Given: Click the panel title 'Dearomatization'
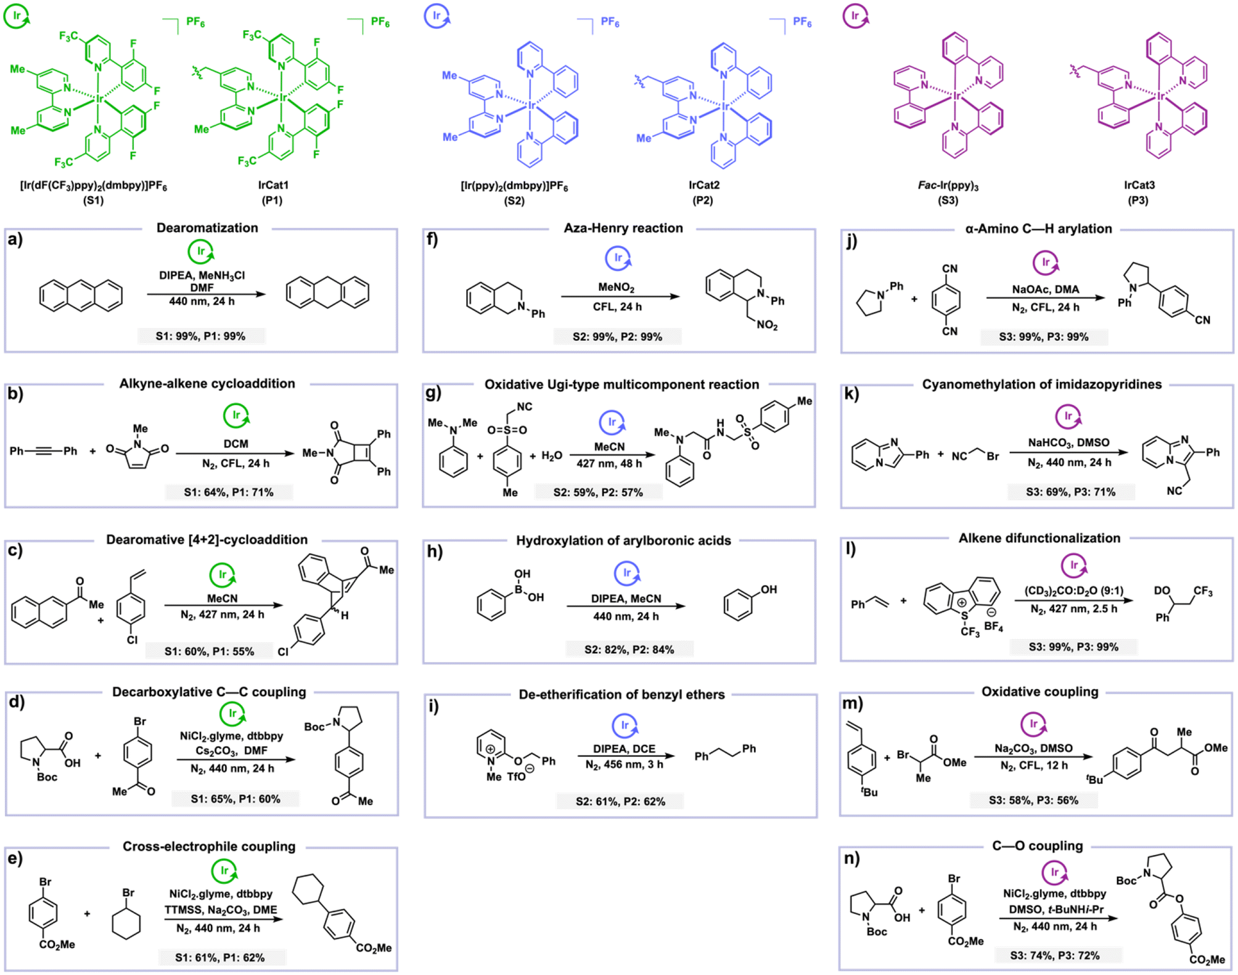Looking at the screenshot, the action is (207, 228).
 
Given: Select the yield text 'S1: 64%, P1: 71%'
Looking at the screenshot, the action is (229, 492).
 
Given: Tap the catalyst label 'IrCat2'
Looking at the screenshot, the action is (704, 185).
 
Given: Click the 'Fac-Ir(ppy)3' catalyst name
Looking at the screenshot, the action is (948, 186).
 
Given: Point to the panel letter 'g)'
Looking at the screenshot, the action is (433, 393).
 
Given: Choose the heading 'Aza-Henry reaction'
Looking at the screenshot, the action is (623, 228).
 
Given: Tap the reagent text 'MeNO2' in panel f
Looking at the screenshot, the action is (617, 288).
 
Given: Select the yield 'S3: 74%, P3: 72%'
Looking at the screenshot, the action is (1055, 956).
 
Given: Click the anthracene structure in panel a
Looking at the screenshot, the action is (81, 295).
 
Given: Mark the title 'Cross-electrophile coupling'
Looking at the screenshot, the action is (209, 847).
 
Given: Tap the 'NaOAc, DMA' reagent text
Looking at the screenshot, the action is (1046, 289).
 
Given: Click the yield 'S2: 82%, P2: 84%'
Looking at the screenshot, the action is (629, 650).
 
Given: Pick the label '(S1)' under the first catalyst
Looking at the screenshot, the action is (94, 200).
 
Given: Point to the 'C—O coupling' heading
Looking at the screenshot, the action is (1038, 846).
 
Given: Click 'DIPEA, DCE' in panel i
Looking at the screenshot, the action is (625, 749).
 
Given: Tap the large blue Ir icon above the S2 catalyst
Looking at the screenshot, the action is (437, 17).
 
